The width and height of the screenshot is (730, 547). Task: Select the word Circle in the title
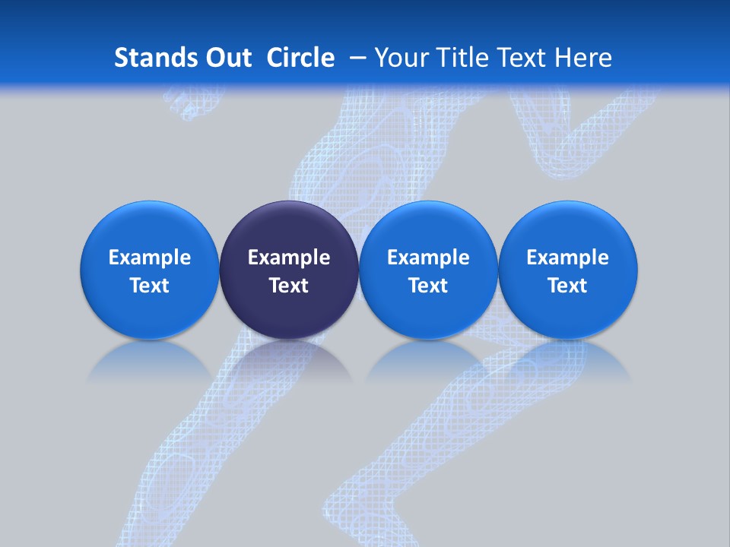[x=300, y=58]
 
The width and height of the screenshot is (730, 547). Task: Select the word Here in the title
[x=584, y=58]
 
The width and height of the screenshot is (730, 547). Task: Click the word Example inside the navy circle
[x=289, y=258]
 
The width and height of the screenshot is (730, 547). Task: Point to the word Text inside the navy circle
[x=289, y=286]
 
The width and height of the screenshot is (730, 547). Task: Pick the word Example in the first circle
[x=150, y=258]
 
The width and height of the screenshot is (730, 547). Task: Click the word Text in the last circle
[x=568, y=286]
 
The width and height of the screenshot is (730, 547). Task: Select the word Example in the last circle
[x=568, y=258]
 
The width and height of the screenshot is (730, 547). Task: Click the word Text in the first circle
[x=150, y=286]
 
